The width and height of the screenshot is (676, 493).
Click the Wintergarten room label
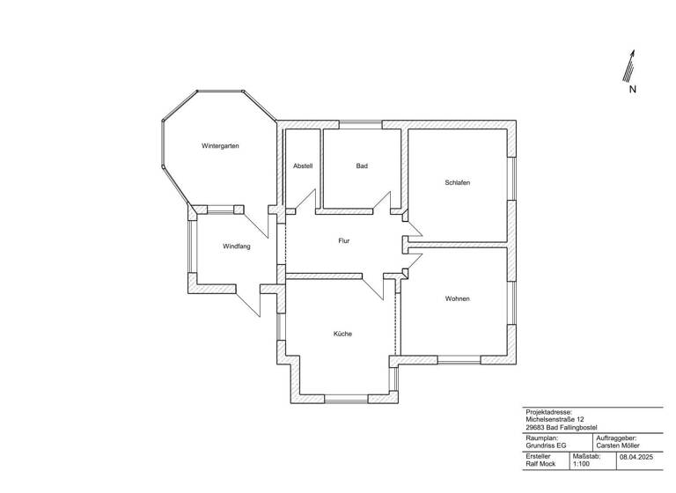point(220,145)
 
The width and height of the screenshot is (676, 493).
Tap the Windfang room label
point(236,246)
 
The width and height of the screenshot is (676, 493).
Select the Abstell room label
point(303,166)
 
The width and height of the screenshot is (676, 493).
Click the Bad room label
point(361,166)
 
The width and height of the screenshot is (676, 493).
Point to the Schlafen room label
point(457,182)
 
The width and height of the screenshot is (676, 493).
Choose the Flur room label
point(344,240)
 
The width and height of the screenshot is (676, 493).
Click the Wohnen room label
point(457,298)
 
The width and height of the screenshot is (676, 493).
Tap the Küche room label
point(343,334)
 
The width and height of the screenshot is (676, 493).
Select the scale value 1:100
point(581,463)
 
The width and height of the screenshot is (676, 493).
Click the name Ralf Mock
point(541,463)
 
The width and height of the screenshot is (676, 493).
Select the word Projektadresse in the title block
point(548,412)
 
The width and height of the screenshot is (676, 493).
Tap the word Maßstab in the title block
point(587,455)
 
